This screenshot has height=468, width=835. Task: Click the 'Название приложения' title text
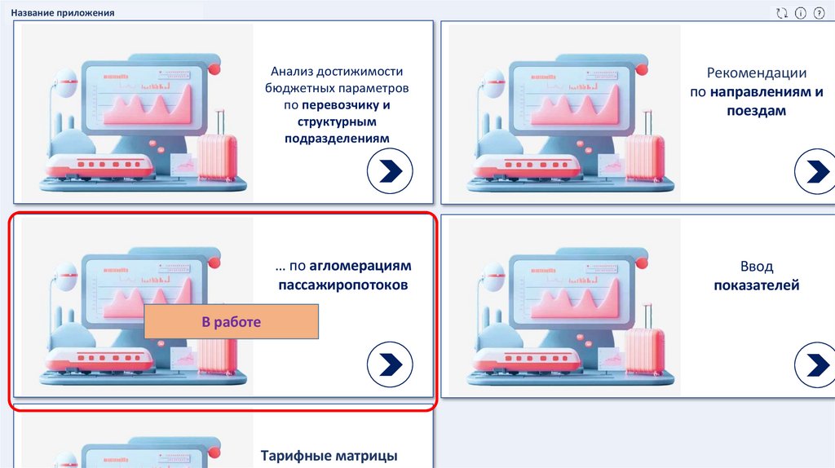coord(63,13)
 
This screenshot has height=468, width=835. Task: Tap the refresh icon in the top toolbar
coord(782,13)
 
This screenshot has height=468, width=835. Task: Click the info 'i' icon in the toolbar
coord(801,13)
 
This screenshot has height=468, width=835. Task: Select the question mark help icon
coord(819,13)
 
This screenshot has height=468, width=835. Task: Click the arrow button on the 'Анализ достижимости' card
coord(390,171)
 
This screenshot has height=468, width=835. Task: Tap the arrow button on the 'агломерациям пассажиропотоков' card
coord(390,364)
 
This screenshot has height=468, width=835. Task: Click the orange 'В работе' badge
coord(231,323)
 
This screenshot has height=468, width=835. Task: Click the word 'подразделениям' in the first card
coord(337,139)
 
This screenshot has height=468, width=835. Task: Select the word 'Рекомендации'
coord(757,73)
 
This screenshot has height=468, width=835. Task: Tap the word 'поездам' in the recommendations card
coord(757,110)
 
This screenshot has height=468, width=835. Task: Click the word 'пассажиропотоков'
coord(342,285)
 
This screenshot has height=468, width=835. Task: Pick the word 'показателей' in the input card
coord(757,285)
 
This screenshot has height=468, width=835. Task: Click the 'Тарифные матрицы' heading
coord(329,455)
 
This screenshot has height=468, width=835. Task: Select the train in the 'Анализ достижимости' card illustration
coord(99,166)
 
